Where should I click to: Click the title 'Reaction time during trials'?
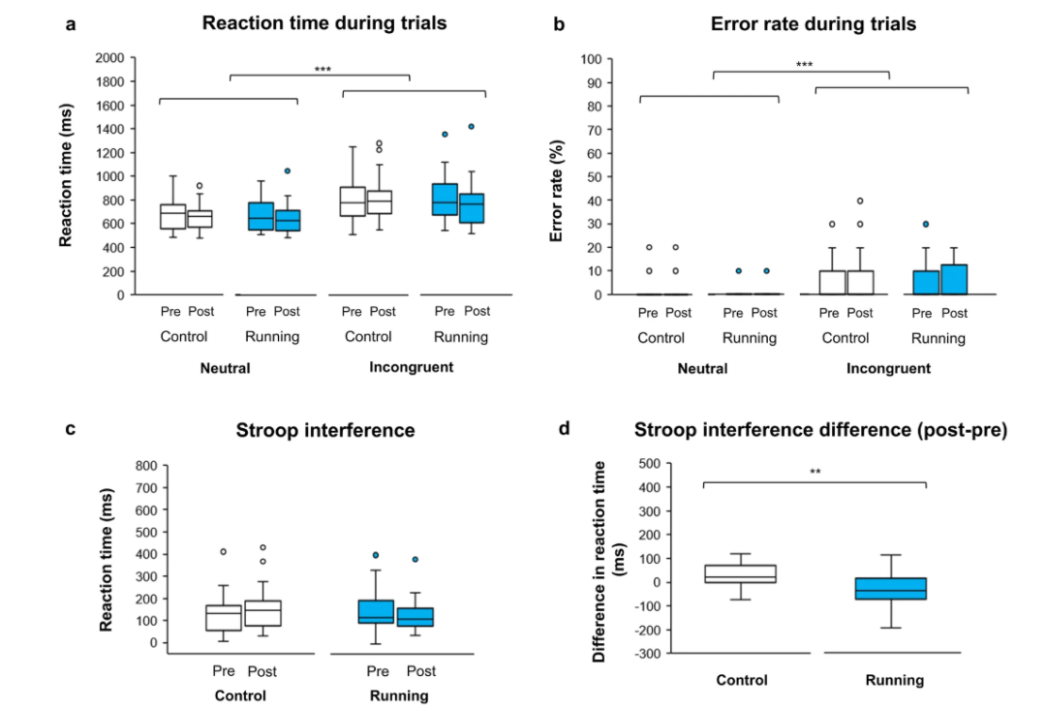tap(324, 23)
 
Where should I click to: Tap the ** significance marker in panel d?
tap(815, 473)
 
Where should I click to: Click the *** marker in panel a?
tap(321, 69)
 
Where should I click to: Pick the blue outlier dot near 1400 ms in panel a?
tap(471, 126)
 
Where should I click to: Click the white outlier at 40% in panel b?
tap(859, 200)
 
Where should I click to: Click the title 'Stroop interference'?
tap(325, 430)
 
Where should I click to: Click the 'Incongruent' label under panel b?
tap(888, 368)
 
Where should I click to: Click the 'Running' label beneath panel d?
tap(894, 680)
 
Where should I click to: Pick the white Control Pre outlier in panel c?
tap(223, 551)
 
